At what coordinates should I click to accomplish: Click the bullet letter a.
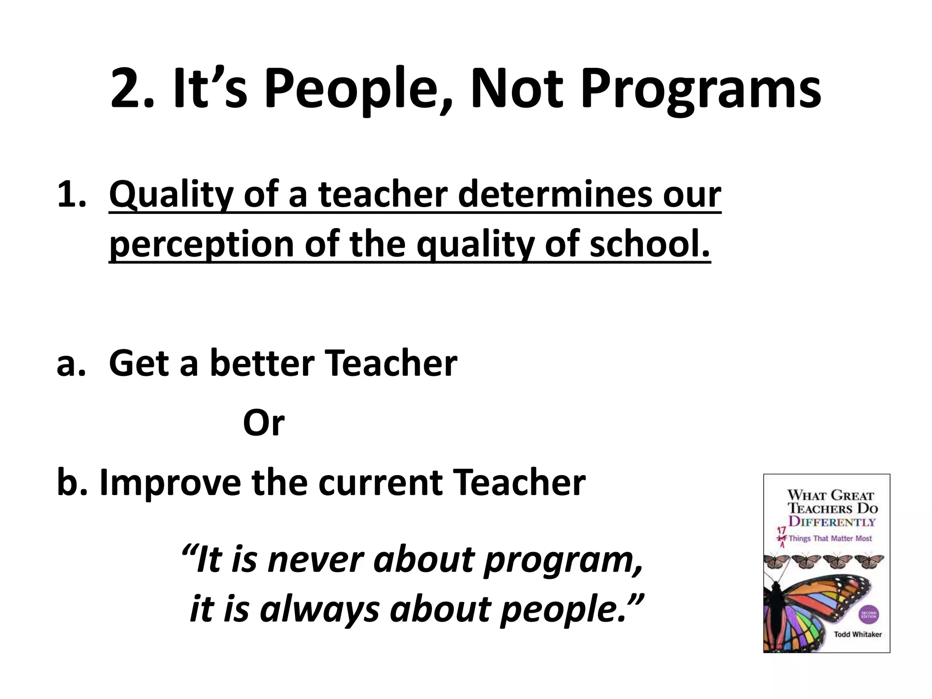point(71,364)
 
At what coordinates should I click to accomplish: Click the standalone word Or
point(263,423)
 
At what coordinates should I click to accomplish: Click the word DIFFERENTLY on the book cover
point(832,522)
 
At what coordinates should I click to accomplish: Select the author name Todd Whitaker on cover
point(857,634)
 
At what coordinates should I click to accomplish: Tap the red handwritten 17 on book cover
point(781,531)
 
